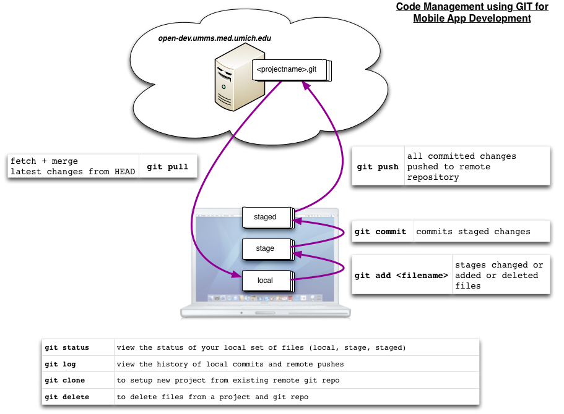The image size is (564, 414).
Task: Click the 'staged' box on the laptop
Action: tap(268, 218)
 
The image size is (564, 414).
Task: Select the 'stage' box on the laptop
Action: tap(268, 249)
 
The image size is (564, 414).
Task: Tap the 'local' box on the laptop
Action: tap(268, 281)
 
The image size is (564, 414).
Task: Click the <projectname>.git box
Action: tap(292, 70)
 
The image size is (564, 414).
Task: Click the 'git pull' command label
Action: tap(168, 167)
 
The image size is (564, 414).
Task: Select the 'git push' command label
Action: tap(378, 167)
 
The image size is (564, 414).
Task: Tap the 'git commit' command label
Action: tap(380, 232)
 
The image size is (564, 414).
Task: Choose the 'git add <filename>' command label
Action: tap(401, 276)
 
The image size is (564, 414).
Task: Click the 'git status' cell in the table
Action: tap(67, 347)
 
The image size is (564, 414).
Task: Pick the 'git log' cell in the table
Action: tap(60, 364)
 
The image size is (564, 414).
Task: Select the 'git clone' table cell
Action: tap(65, 380)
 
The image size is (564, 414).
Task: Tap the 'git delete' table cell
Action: tap(67, 397)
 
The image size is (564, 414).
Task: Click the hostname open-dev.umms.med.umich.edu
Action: tap(215, 38)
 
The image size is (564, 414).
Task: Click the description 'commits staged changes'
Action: tap(474, 232)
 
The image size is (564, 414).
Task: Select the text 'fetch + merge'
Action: tap(44, 161)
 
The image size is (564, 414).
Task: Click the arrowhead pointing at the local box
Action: tap(236, 274)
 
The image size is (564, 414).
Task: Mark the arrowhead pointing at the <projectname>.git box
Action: tap(306, 85)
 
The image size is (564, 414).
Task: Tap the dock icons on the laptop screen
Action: tap(265, 298)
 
